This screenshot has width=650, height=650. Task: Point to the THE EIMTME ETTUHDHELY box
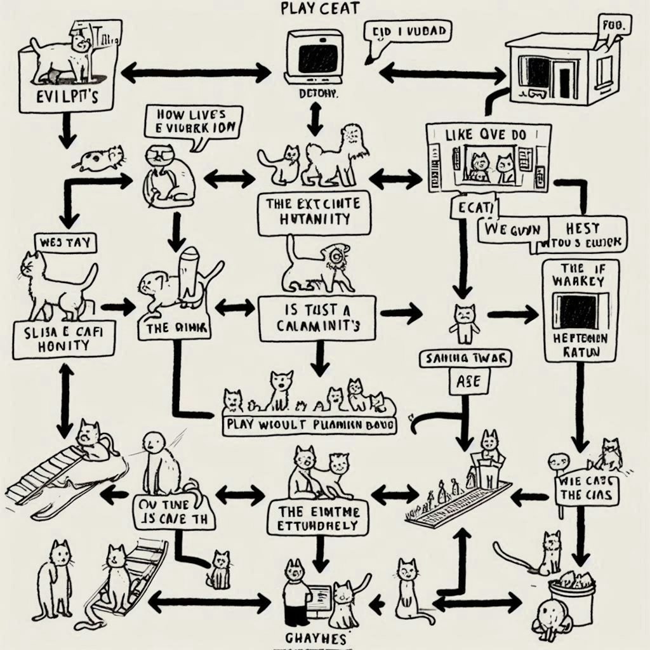(317, 518)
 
